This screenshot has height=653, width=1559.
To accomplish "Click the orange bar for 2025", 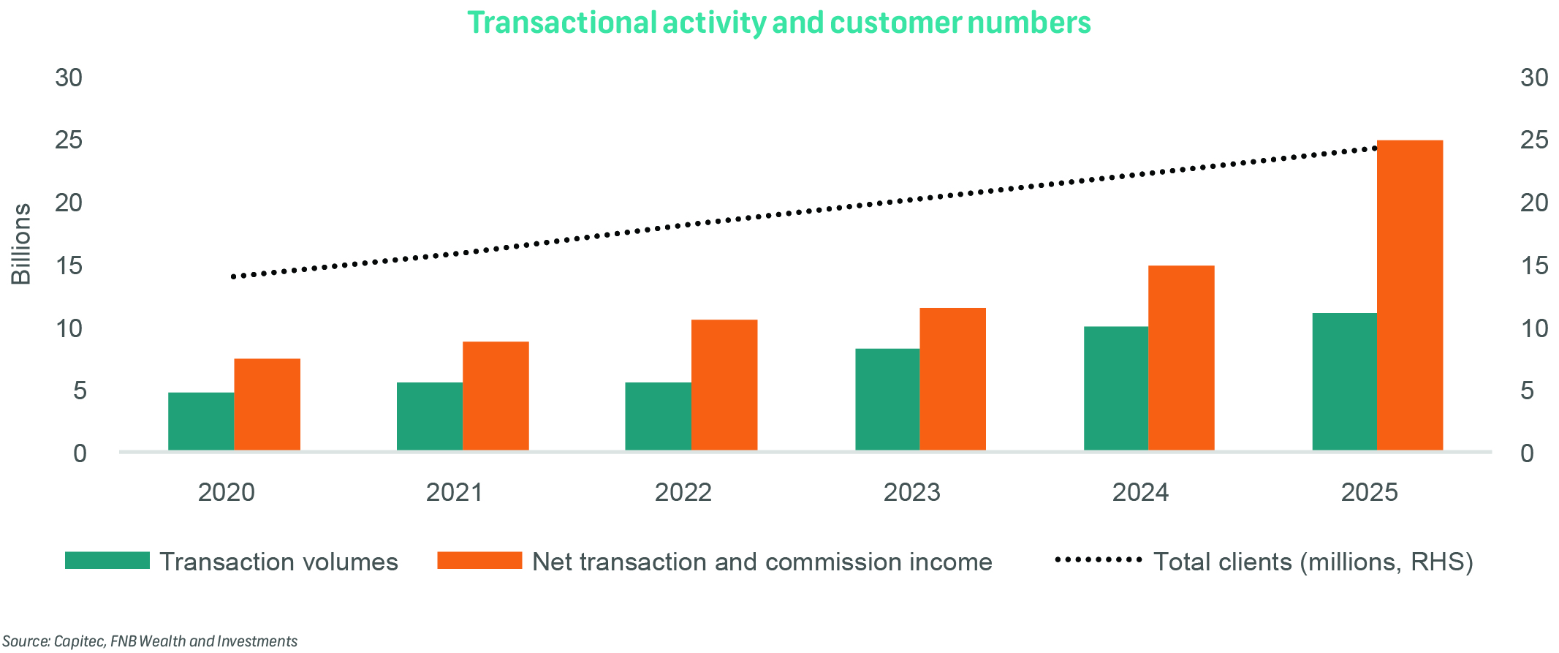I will (1409, 295).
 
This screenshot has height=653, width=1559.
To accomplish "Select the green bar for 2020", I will (201, 421).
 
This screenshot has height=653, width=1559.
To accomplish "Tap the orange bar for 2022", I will (724, 385).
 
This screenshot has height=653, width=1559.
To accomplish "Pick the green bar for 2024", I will (1115, 388).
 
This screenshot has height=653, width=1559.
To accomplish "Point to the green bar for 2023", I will (887, 399).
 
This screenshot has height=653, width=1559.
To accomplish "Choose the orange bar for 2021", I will (496, 396).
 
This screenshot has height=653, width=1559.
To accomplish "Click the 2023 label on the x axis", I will (911, 492).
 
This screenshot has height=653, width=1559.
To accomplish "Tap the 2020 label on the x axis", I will (227, 492).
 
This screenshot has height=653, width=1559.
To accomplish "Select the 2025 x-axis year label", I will (1369, 492).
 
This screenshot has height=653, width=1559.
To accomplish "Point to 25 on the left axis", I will (69, 140).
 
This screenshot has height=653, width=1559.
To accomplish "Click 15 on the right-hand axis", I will (1533, 265).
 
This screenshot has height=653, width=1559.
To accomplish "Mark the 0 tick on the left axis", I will (80, 453).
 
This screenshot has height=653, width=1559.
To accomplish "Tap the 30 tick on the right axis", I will (1533, 78).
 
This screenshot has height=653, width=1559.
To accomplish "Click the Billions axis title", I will (21, 244).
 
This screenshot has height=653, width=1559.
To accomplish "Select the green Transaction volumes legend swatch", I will (107, 561).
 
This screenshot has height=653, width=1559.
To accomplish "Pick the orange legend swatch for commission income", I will (479, 561).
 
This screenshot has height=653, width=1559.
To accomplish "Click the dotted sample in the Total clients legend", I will (1099, 561).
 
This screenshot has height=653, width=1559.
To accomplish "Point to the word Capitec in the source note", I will (80, 641).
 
